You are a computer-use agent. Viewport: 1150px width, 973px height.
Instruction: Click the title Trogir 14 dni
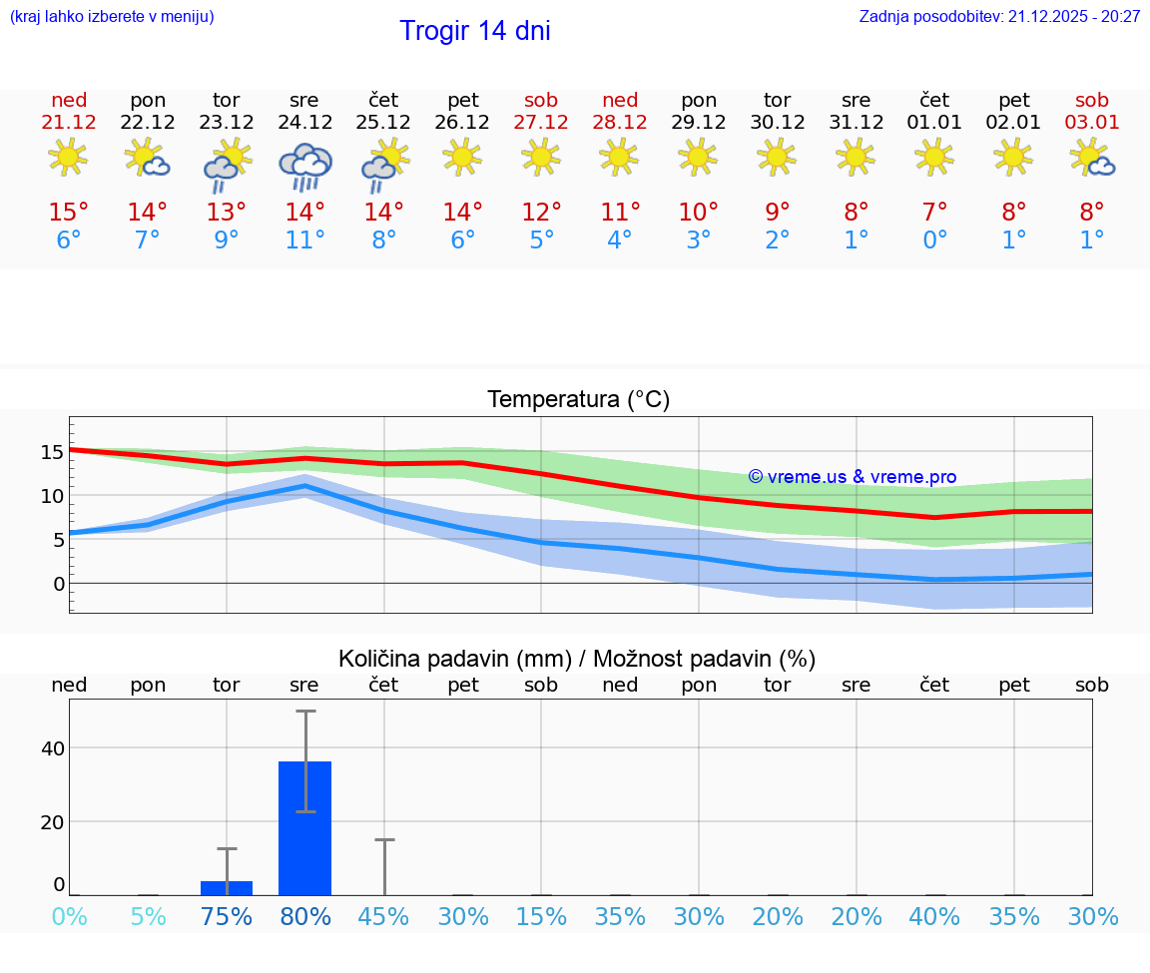tap(474, 31)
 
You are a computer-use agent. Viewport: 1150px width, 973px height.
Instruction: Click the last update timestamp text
tap(999, 16)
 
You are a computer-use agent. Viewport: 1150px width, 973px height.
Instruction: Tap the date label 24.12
tap(304, 123)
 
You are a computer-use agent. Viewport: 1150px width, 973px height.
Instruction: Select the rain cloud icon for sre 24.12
tap(304, 165)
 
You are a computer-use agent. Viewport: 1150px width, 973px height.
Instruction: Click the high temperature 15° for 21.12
tap(69, 212)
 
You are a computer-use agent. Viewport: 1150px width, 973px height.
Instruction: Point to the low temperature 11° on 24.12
tap(304, 241)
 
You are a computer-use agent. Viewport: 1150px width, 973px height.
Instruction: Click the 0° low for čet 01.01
tap(934, 241)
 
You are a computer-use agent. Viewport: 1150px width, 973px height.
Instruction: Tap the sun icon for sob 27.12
tap(541, 157)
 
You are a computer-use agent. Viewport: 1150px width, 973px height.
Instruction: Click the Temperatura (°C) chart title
tap(578, 400)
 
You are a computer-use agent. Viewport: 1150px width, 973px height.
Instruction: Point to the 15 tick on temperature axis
tap(52, 452)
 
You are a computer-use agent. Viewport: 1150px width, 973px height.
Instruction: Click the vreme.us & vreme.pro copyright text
tap(852, 477)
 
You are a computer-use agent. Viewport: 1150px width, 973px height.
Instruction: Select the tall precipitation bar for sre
tap(304, 828)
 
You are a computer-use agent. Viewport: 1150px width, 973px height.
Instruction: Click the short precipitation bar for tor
tap(227, 888)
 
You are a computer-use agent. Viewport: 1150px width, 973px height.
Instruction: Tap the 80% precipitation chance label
tap(304, 916)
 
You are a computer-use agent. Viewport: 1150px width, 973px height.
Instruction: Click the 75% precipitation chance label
tap(227, 916)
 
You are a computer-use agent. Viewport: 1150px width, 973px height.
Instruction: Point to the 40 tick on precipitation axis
tap(52, 748)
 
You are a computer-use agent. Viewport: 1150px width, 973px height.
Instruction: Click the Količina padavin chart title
tap(577, 659)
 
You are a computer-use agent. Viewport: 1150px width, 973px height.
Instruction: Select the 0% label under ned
tap(69, 916)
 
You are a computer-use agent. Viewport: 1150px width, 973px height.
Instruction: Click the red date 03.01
tap(1092, 123)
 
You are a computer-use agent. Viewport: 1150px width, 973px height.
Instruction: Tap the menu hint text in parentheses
tap(111, 16)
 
